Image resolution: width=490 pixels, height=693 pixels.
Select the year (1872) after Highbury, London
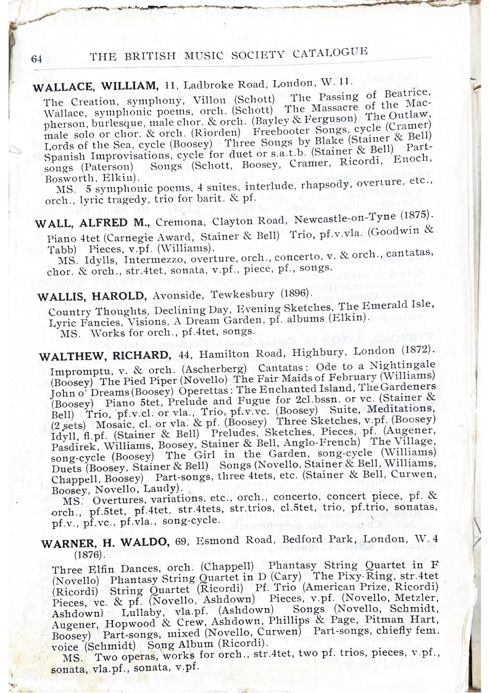[x=417, y=350]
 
